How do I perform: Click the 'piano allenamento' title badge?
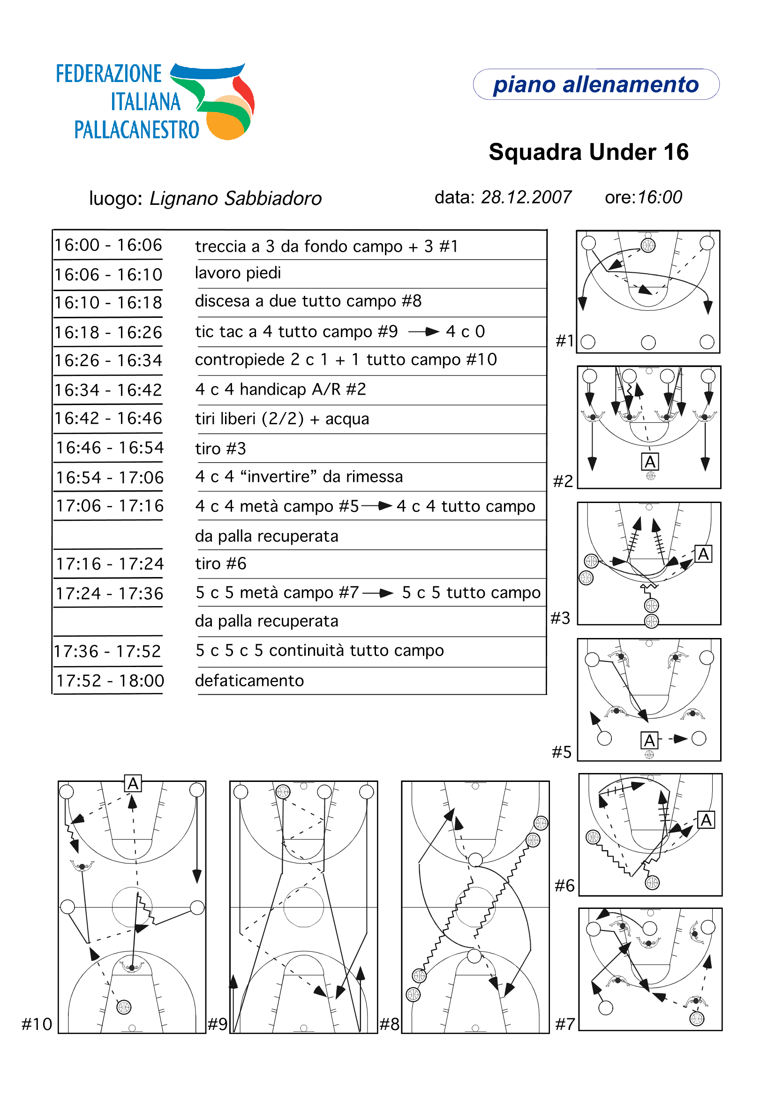tap(595, 84)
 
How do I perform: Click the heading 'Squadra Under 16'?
tap(588, 152)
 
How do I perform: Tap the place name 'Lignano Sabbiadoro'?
tap(235, 198)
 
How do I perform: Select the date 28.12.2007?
tap(526, 197)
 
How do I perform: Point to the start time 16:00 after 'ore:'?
tap(660, 197)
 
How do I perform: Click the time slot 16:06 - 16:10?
tap(108, 275)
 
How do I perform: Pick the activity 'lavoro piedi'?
tap(238, 273)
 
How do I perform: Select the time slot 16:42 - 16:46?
tap(108, 418)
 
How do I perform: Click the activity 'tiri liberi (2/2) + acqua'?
tap(282, 419)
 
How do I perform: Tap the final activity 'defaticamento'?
tap(249, 680)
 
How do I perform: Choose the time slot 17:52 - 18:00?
tap(110, 680)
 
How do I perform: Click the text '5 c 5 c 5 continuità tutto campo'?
tap(319, 650)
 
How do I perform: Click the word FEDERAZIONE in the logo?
tap(109, 74)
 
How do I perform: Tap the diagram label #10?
tap(37, 1024)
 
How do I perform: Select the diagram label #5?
tap(562, 752)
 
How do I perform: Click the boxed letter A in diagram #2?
tap(649, 462)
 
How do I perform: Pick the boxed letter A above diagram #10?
tap(133, 783)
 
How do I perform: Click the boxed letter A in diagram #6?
tap(706, 820)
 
